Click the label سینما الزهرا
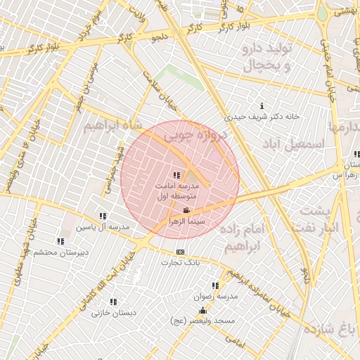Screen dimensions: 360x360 pyautogui.click(x=186, y=221)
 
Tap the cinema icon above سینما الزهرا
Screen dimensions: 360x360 pyautogui.click(x=186, y=210)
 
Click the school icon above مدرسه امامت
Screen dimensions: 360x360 pyautogui.click(x=176, y=175)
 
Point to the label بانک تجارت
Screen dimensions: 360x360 pyautogui.click(x=181, y=262)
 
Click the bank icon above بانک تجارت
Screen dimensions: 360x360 pyautogui.click(x=181, y=252)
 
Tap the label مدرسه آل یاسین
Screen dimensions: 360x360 pyautogui.click(x=103, y=227)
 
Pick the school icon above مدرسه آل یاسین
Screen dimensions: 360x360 pyautogui.click(x=103, y=216)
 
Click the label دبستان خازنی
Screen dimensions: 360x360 pyautogui.click(x=113, y=313)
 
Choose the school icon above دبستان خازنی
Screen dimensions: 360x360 pyautogui.click(x=113, y=302)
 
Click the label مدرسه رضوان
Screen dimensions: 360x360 pyautogui.click(x=215, y=296)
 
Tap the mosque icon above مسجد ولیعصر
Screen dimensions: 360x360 pyautogui.click(x=202, y=311)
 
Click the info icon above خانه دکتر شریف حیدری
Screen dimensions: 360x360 pyautogui.click(x=262, y=105)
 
